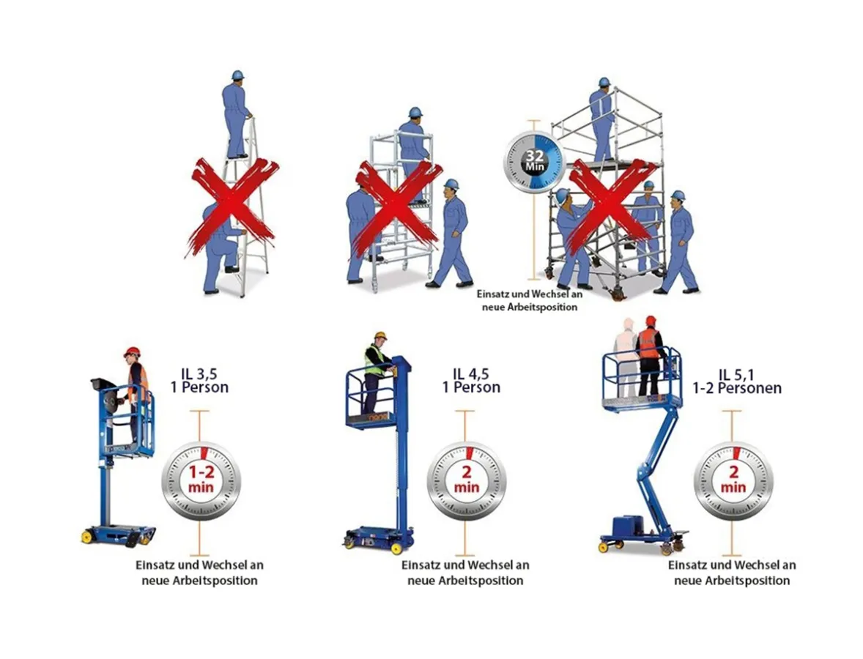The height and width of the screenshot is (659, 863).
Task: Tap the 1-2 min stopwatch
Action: pos(200,480)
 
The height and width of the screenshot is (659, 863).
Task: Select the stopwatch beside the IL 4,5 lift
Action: pos(466,480)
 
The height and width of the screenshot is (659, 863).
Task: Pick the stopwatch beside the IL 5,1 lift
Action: pos(733,480)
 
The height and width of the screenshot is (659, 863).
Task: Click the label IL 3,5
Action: pos(200,373)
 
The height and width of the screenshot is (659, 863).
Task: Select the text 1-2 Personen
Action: pos(736,388)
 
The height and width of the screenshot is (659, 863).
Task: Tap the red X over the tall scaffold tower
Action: pos(612,204)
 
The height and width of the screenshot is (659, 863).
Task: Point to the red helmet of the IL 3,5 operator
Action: pos(132,351)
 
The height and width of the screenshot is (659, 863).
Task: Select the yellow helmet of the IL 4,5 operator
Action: pos(379,336)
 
